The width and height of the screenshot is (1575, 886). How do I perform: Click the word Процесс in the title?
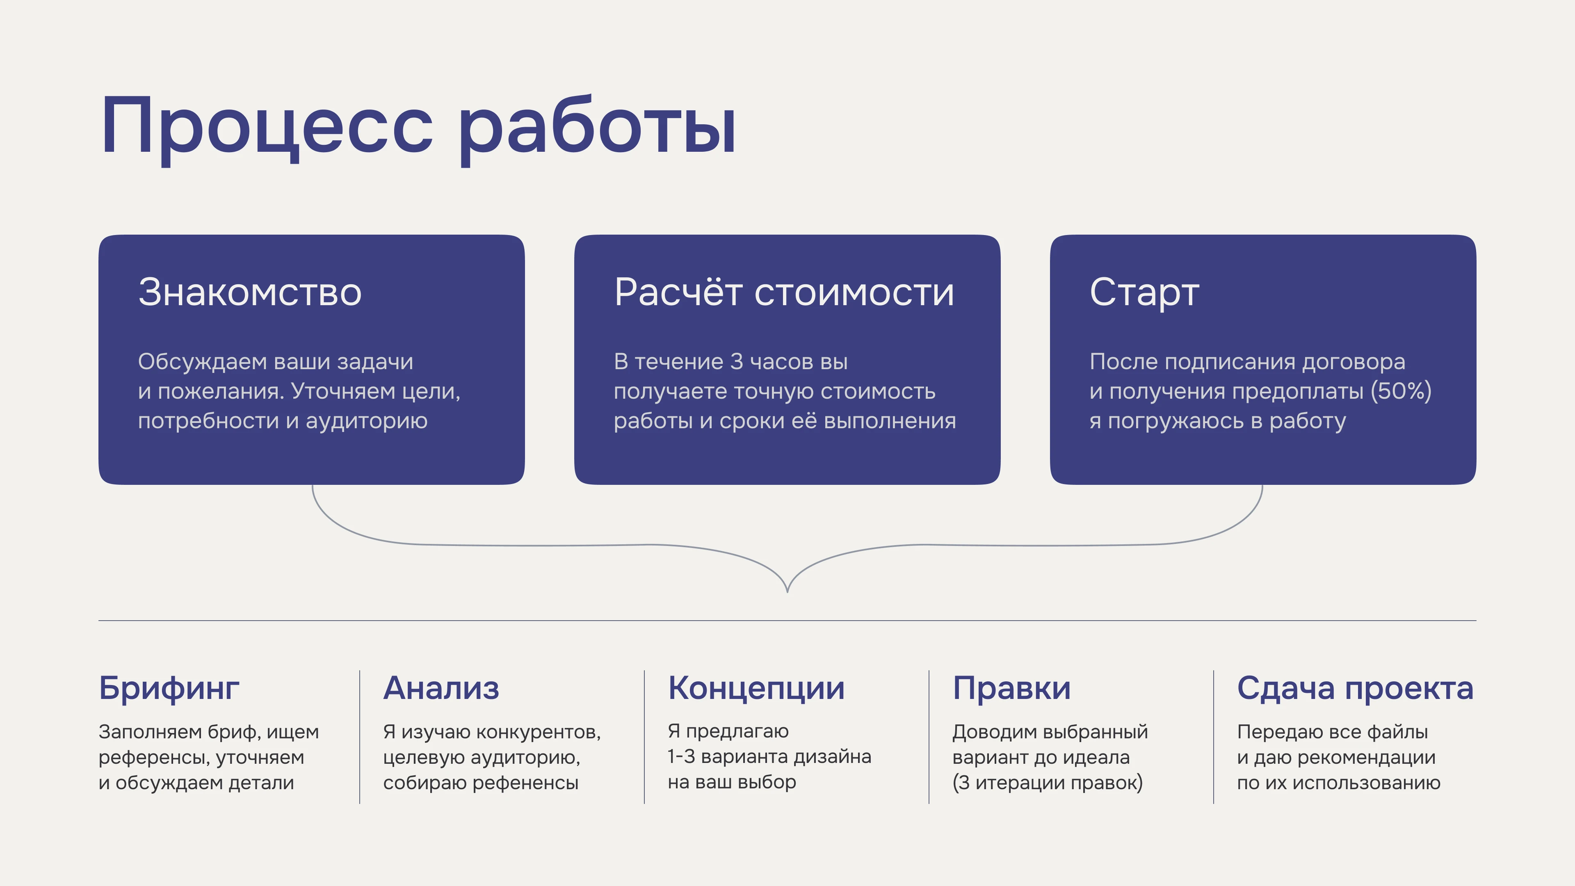tap(267, 127)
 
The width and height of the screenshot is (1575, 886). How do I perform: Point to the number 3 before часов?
tap(737, 362)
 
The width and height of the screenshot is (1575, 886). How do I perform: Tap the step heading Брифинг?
tap(169, 689)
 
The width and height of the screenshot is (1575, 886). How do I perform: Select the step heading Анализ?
tap(441, 689)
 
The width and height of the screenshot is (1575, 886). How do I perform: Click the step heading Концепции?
tap(756, 689)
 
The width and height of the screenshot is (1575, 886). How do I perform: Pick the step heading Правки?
tap(1011, 689)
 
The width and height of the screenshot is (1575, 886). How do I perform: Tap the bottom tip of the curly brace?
tap(787, 590)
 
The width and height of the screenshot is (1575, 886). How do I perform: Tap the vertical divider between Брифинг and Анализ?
tap(360, 737)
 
